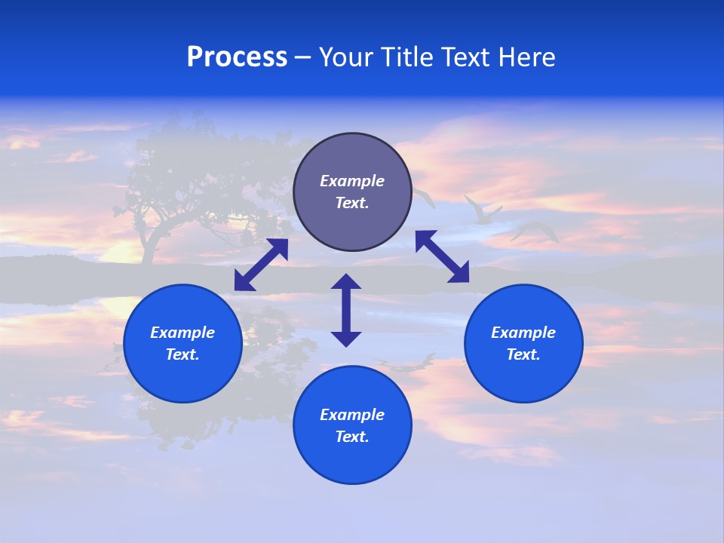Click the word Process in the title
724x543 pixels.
pos(237,57)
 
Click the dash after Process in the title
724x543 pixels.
pos(302,58)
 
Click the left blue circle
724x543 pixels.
pos(183,343)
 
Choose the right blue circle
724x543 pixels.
pos(523,343)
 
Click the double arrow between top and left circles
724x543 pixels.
pos(261,265)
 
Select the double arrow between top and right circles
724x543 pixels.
pos(442,256)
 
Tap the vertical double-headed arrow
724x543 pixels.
pos(346,310)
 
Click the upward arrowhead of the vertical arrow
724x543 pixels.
pos(346,282)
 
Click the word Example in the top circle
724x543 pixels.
pos(352,181)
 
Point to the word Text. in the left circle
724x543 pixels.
pos(183,354)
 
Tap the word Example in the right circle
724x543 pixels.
pos(523,333)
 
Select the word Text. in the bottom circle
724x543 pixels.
pos(352,437)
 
